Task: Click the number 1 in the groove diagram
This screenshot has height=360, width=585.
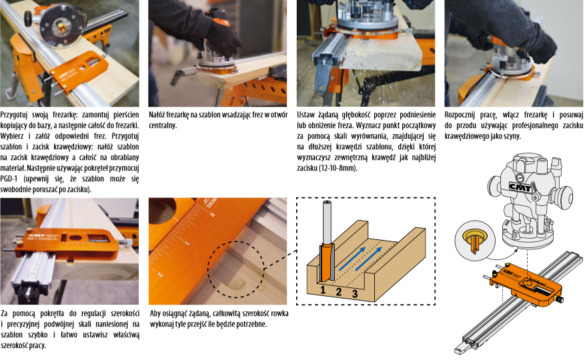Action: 323,289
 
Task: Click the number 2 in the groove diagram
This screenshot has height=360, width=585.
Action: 339,292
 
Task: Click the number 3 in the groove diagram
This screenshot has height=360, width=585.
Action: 355,294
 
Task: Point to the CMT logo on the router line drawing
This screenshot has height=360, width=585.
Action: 520,187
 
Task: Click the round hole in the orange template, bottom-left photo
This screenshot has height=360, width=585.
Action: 75,237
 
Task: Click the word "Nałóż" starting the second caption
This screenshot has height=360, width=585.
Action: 157,115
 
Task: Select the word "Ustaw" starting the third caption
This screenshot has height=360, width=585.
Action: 306,115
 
